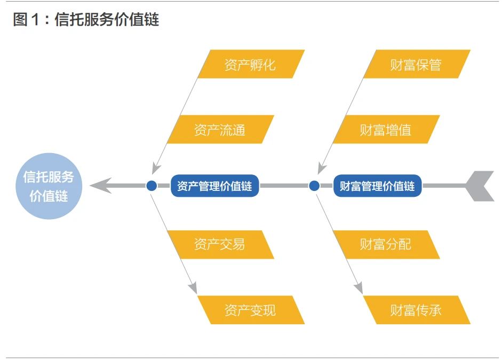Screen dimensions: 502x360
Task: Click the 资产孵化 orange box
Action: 251,64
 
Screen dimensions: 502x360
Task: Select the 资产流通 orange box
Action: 221,129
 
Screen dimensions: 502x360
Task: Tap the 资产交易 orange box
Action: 221,244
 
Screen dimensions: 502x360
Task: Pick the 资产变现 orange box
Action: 251,310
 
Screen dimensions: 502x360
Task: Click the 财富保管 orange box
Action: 417,64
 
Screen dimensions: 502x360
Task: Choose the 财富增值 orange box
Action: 386,129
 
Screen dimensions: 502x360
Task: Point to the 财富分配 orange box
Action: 386,244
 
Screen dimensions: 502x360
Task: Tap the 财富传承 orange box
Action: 417,310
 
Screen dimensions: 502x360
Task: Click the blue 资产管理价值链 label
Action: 214,186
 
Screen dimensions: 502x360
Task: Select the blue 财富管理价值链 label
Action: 377,186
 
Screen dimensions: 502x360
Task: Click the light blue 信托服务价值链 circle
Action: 49,186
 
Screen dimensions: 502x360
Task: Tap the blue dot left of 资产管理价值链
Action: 152,186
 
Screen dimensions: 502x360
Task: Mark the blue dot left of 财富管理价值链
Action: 314,186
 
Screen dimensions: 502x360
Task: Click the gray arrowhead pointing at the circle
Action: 100,186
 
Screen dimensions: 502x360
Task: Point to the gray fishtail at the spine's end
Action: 480,186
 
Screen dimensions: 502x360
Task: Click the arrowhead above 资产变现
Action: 193,288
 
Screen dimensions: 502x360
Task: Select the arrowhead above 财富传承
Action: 358,288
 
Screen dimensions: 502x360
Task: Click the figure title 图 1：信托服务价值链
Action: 86,19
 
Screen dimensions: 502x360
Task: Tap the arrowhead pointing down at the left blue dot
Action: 156,169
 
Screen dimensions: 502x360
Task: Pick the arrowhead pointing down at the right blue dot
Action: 322,169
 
